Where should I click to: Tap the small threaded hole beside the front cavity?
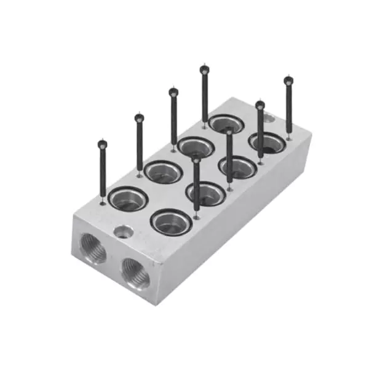tap(122, 232)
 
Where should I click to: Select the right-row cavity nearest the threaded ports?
tap(171, 222)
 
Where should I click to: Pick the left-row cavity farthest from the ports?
tap(225, 124)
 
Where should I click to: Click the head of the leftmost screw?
tap(102, 145)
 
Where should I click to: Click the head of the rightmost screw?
tap(288, 80)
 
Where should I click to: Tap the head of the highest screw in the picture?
tap(204, 69)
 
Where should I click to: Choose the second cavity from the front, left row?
tap(163, 172)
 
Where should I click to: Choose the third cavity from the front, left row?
tap(196, 146)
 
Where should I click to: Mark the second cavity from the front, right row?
tap(205, 194)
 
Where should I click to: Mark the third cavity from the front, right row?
tap(237, 167)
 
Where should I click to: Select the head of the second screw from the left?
tap(139, 117)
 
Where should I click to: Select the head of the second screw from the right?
tap(260, 105)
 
